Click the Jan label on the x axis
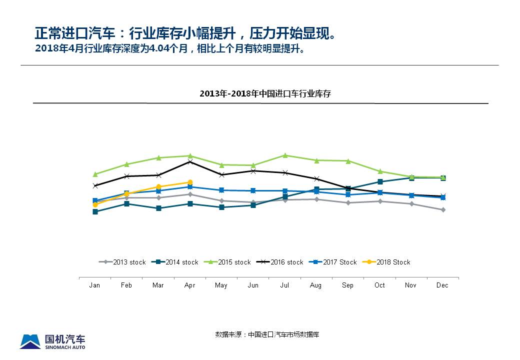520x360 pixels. pyautogui.click(x=94, y=285)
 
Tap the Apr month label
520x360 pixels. pyautogui.click(x=190, y=285)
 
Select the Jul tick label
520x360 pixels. pyautogui.click(x=285, y=285)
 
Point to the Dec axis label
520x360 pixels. pyautogui.click(x=442, y=285)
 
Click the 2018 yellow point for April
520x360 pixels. pyautogui.click(x=190, y=182)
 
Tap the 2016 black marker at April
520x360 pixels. pyautogui.click(x=190, y=162)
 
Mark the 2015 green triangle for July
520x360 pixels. pyautogui.click(x=285, y=155)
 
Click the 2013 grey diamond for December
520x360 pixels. pyautogui.click(x=443, y=210)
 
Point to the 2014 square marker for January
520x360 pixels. pyautogui.click(x=95, y=211)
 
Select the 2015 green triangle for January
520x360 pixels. pyautogui.click(x=95, y=174)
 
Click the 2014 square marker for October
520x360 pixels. pyautogui.click(x=380, y=181)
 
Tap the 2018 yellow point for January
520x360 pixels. pyautogui.click(x=95, y=205)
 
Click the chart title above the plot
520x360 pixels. pyautogui.click(x=265, y=94)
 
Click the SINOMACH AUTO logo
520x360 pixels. pyautogui.click(x=52, y=341)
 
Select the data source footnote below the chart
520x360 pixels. pyautogui.click(x=267, y=334)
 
